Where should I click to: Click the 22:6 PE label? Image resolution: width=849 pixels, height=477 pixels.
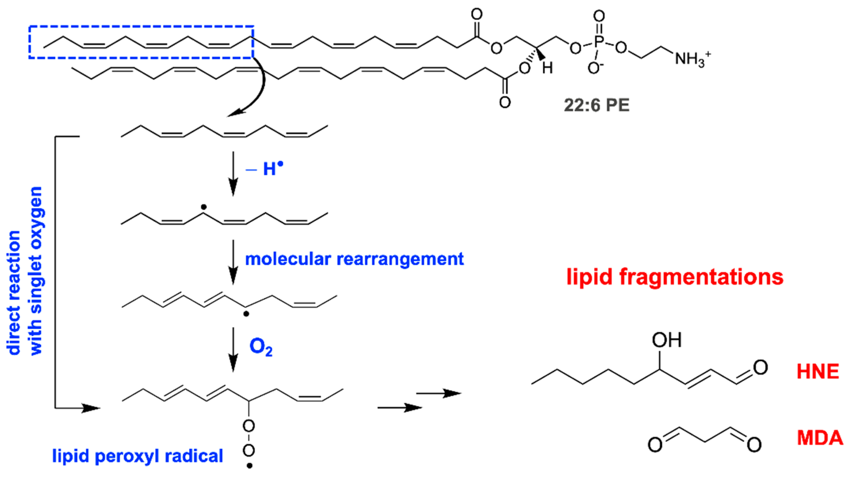597,106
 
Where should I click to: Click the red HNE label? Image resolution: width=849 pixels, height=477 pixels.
818,372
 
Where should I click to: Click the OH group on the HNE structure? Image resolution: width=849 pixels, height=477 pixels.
667,340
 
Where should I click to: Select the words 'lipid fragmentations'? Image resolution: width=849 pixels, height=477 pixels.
675,277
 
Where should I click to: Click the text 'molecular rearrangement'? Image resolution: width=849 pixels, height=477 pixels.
354,259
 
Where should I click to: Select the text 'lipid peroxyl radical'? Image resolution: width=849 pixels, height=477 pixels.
138,456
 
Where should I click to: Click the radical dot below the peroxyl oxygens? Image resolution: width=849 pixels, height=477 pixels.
249,466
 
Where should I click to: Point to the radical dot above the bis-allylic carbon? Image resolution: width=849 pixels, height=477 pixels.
204,207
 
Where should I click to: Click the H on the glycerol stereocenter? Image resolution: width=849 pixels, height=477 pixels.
547,69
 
